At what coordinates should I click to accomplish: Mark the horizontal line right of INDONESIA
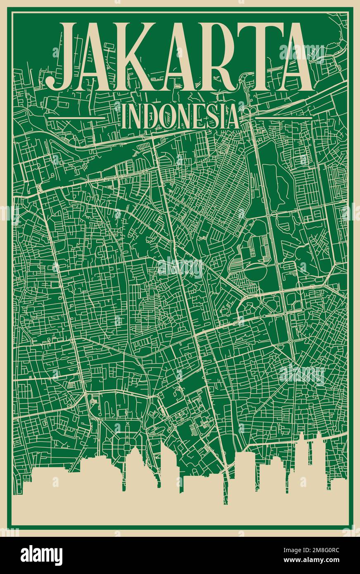[283, 118]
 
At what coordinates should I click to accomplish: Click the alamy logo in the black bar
[41, 555]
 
